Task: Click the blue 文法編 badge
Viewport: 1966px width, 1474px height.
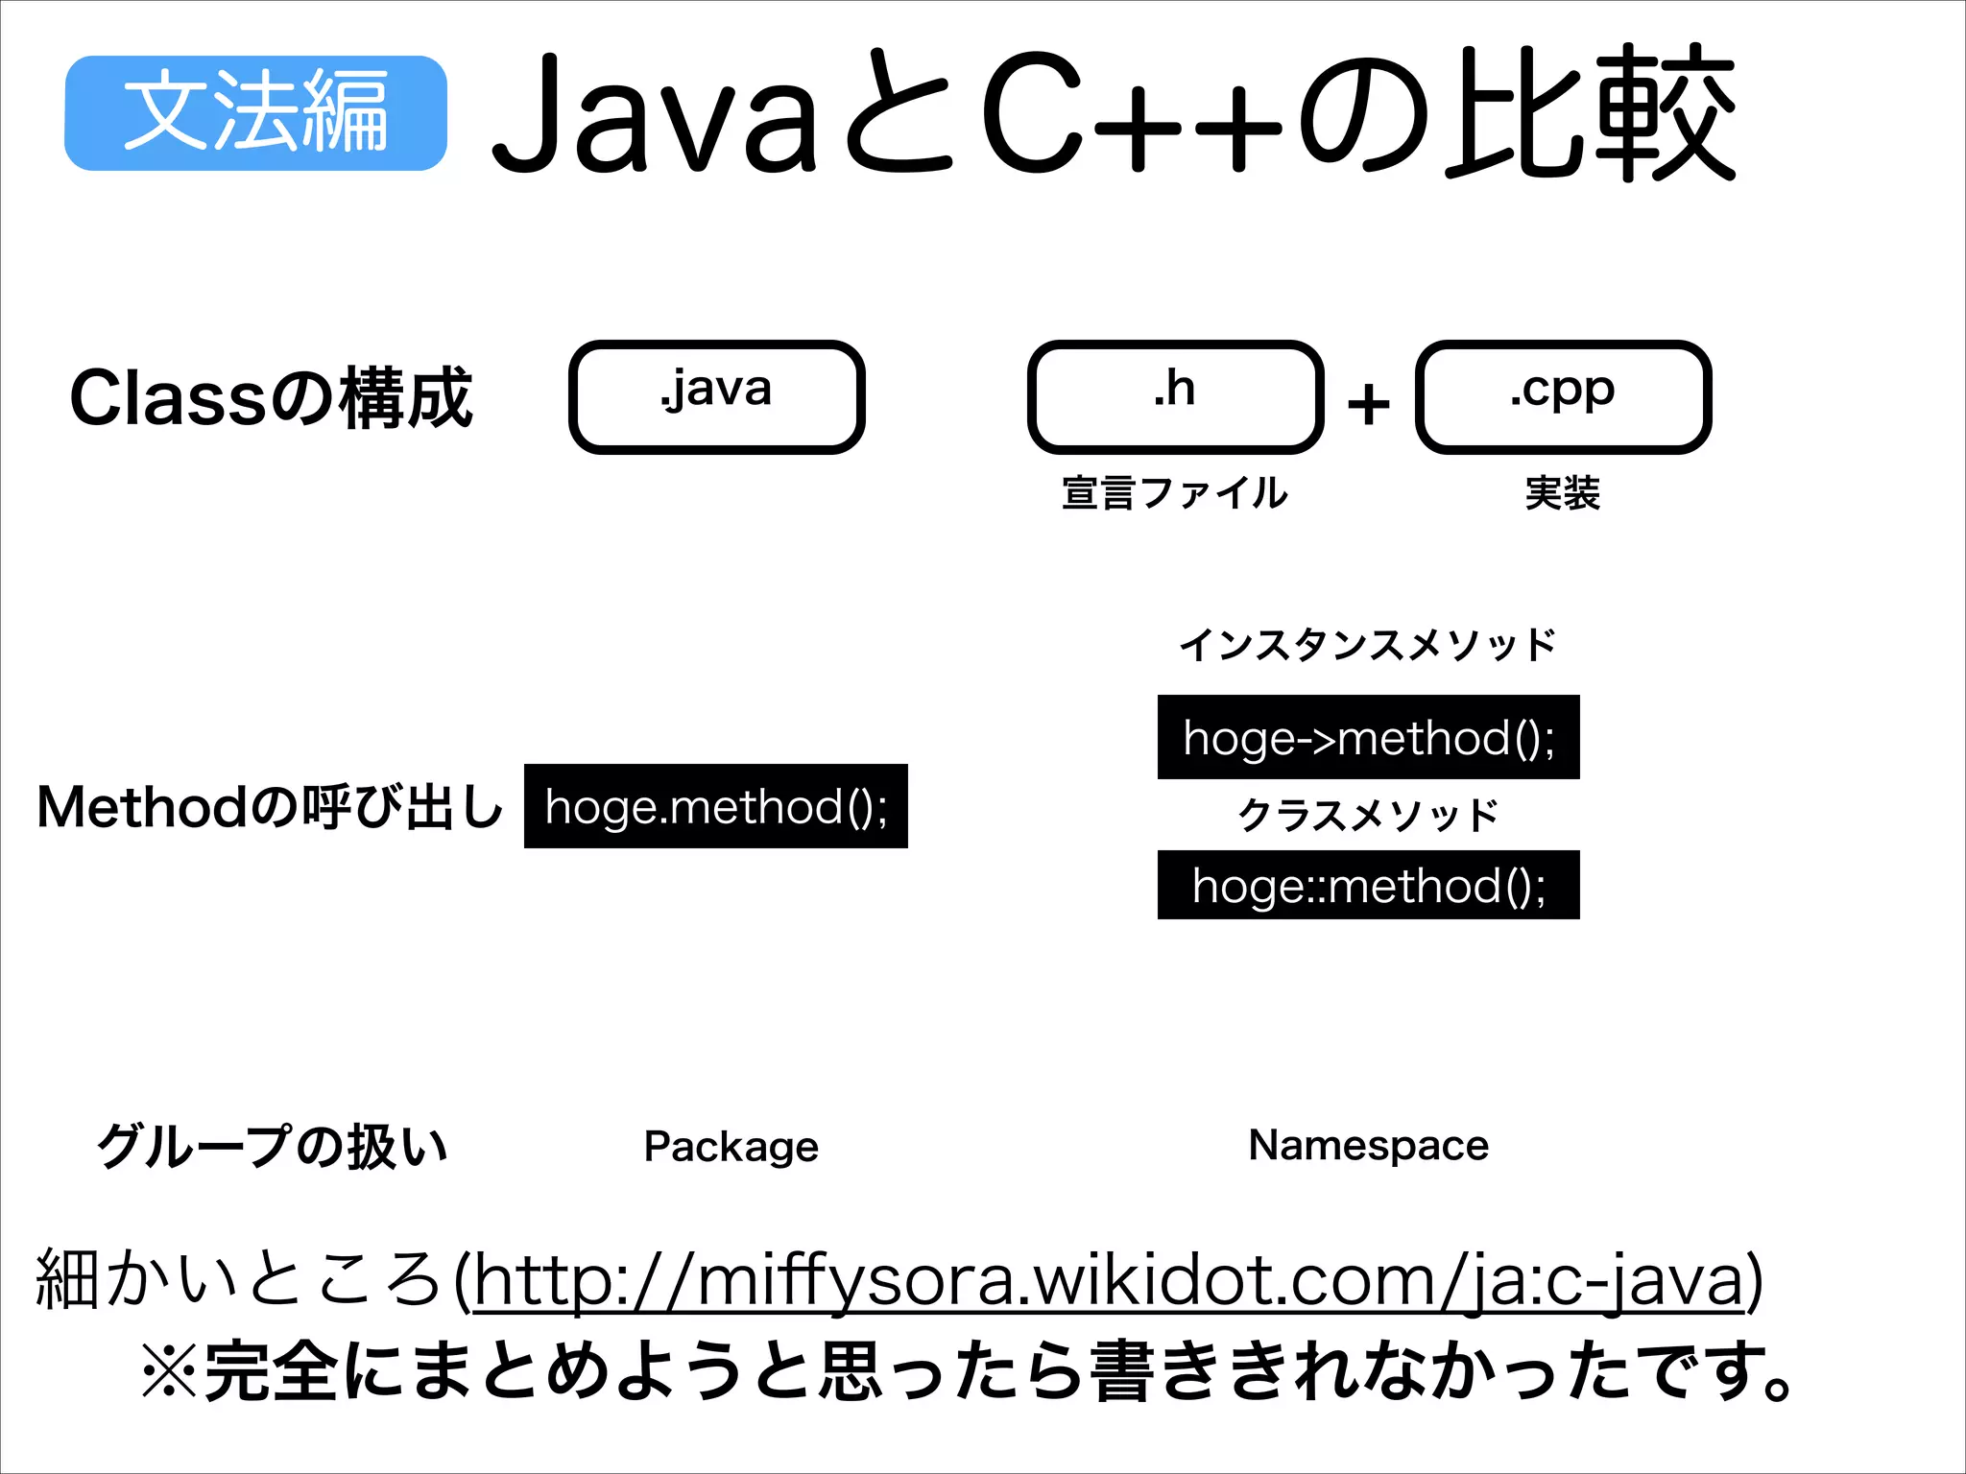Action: click(255, 113)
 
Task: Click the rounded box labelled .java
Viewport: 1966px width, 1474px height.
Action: click(716, 396)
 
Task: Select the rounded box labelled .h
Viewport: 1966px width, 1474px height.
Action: click(1175, 396)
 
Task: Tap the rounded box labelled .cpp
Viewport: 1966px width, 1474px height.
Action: click(1563, 396)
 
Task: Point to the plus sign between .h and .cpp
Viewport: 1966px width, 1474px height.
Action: click(1369, 404)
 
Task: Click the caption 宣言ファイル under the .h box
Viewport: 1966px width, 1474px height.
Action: click(1175, 493)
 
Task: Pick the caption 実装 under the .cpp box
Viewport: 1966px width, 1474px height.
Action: click(1563, 493)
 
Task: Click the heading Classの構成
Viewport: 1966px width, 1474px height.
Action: click(272, 398)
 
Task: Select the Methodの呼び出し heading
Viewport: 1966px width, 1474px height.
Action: click(270, 807)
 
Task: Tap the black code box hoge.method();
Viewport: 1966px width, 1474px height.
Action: click(716, 806)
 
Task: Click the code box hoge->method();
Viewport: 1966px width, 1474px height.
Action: click(1368, 737)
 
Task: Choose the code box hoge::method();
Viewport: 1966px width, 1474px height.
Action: click(1368, 885)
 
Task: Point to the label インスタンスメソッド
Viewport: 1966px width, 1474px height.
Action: click(1368, 645)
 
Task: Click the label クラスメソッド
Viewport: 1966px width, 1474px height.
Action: click(1368, 815)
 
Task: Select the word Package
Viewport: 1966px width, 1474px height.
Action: click(731, 1147)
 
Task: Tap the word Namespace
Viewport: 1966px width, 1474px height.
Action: click(1368, 1145)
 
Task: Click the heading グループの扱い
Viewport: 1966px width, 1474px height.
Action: click(273, 1147)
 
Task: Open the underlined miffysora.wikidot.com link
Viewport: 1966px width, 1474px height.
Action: click(1108, 1280)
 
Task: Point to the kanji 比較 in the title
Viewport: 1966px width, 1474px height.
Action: click(1592, 113)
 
